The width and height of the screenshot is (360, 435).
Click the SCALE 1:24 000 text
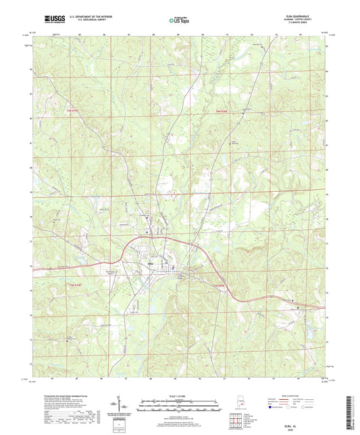178,396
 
